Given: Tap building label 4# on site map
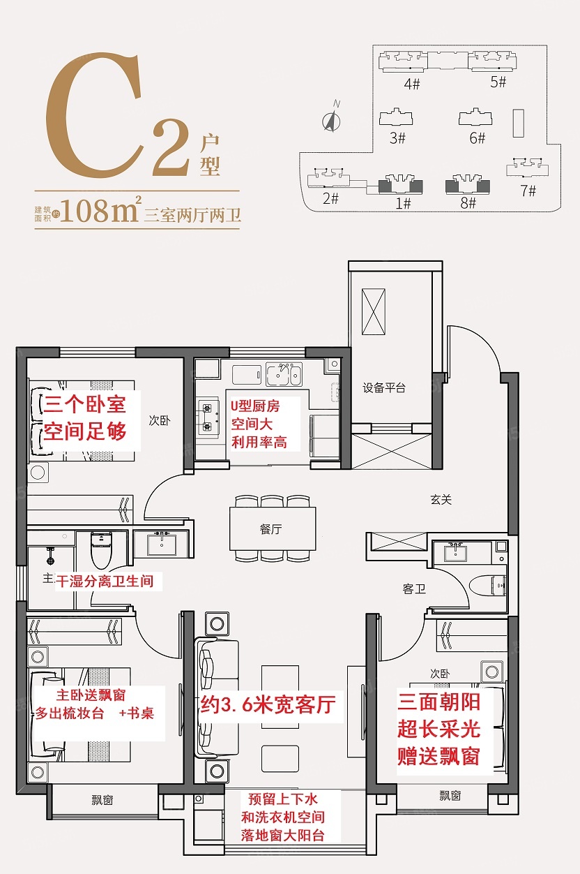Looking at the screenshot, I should [412, 84].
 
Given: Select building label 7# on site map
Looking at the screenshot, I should [528, 191].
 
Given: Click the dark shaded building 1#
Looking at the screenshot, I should [400, 185].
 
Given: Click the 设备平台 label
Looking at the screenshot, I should [384, 388].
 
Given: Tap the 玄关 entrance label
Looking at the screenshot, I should [441, 499].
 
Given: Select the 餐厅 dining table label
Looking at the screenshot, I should [270, 529].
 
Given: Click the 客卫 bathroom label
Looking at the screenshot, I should [413, 589].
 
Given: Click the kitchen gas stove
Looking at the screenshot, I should [207, 417].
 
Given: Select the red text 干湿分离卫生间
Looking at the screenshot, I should [109, 580].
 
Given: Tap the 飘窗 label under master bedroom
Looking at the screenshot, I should [102, 800].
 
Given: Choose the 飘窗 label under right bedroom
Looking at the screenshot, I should [450, 795].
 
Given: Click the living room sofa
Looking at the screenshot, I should [209, 697].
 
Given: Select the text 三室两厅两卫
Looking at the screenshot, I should [192, 214].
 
